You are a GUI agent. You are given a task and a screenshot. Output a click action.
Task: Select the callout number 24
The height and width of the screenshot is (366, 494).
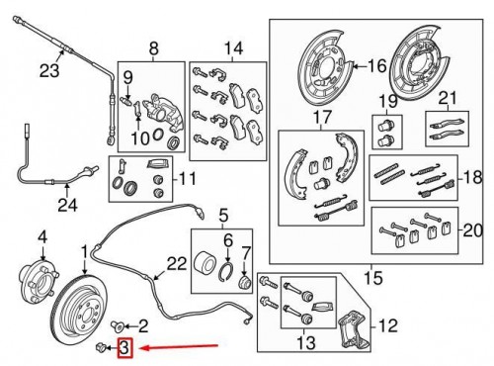(x=67, y=207)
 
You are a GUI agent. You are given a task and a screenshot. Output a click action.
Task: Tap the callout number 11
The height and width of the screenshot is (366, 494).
(x=183, y=180)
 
